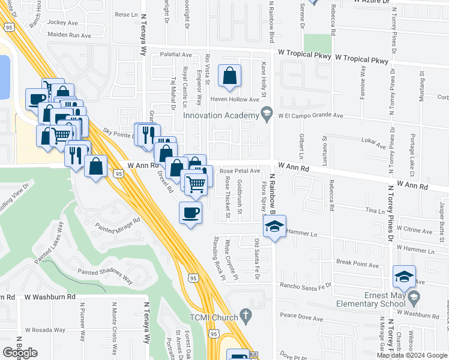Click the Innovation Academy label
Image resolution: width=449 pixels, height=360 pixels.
(x=221, y=115)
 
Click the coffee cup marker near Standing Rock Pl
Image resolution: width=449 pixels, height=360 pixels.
(x=191, y=213)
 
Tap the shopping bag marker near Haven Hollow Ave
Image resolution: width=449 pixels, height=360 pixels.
(x=229, y=76)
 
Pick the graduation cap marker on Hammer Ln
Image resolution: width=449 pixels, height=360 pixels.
(x=274, y=226)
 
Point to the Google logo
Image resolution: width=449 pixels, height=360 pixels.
(x=20, y=353)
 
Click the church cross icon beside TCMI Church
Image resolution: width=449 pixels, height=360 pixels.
(x=245, y=315)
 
